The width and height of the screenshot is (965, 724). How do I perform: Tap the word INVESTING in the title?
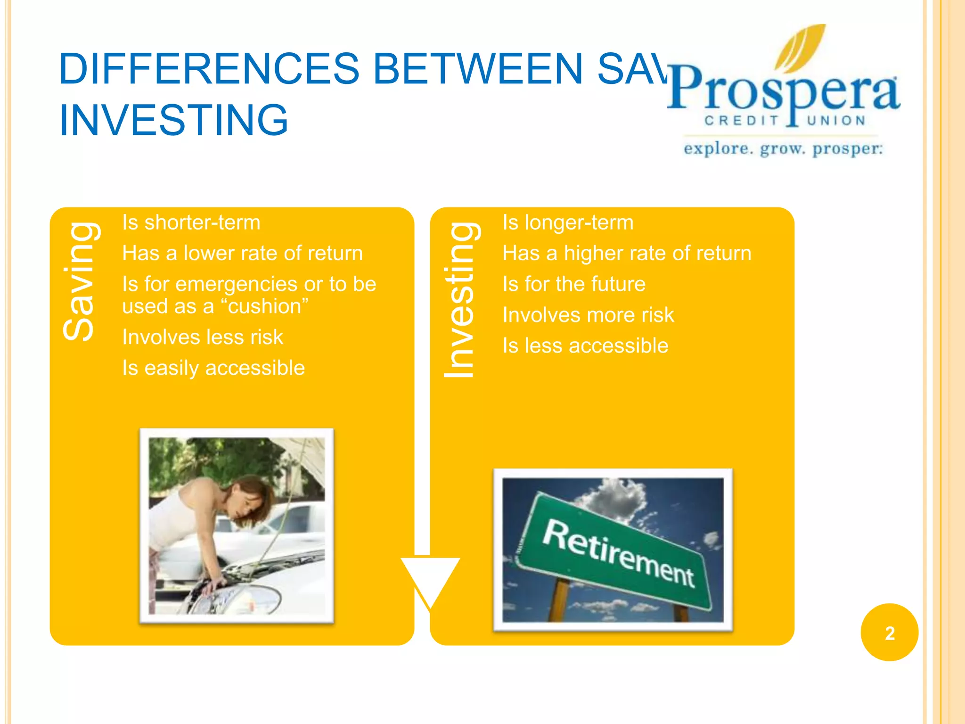[173, 120]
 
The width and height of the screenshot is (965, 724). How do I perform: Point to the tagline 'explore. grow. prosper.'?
[783, 149]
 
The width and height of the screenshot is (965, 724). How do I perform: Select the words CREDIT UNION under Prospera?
[785, 121]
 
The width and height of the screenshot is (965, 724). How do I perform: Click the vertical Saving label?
[80, 281]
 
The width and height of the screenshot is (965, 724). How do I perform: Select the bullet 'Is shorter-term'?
[191, 222]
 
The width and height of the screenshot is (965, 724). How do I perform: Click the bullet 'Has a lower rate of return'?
[242, 253]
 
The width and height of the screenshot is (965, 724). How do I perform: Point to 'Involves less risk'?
[202, 337]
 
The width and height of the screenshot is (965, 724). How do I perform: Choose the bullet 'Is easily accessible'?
[213, 368]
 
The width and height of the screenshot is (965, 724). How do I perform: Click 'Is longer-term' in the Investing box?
[568, 222]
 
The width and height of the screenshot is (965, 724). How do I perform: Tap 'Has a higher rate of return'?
[627, 253]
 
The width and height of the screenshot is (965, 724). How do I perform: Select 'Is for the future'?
[573, 284]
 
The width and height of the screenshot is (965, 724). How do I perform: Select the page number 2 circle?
[889, 633]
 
